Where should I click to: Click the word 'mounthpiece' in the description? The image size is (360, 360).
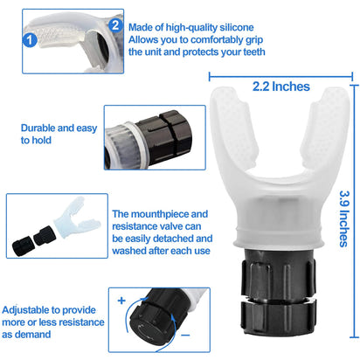[170, 211]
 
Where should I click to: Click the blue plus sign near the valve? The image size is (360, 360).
[121, 299]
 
